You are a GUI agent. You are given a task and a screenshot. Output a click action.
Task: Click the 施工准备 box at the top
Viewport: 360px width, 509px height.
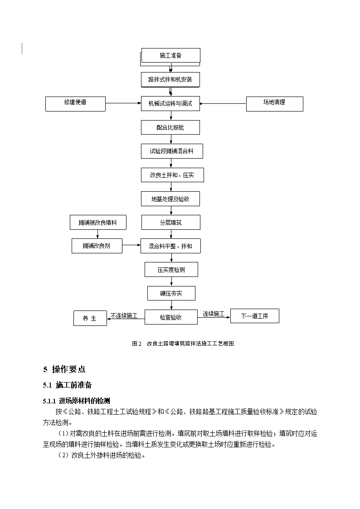pos(171,55)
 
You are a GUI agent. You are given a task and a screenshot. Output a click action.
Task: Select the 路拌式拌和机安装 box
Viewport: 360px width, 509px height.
pos(170,79)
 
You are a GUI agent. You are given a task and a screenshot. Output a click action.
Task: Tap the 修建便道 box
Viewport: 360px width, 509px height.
pos(75,104)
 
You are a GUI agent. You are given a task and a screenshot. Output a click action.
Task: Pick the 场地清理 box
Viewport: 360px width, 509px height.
pos(275,104)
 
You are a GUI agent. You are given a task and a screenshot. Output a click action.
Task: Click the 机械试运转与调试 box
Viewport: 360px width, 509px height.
pos(170,103)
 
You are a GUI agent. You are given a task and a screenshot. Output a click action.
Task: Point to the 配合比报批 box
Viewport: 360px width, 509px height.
pos(170,127)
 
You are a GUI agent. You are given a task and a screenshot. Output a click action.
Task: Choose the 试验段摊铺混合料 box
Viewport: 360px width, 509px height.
pos(172,151)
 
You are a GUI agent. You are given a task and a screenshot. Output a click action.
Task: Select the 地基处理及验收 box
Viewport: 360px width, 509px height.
pos(170,199)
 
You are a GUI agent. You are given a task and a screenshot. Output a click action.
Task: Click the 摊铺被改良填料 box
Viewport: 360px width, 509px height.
pos(98,223)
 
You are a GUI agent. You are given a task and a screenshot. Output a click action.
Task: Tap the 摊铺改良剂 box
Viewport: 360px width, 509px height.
pos(97,246)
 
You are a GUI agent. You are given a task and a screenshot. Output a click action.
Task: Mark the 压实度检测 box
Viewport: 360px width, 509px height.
pos(171,269)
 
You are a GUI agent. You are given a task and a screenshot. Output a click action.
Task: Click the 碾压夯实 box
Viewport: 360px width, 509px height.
pos(171,293)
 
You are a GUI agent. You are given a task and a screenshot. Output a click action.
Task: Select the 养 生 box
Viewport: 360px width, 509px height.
pos(90,318)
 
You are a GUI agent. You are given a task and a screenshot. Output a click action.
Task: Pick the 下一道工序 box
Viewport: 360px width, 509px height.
pos(255,316)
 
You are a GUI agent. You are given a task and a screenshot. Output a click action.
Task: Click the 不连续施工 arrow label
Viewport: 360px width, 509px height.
pos(124,315)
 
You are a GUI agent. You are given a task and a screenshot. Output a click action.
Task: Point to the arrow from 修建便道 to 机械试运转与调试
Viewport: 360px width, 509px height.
pos(123,103)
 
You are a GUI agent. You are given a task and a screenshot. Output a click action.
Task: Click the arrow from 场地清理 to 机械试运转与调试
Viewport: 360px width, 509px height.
pos(223,103)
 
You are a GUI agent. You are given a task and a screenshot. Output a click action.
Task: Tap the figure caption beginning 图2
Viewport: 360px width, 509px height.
pos(183,344)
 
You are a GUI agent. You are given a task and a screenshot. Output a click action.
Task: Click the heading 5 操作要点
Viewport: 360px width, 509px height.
pos(64,369)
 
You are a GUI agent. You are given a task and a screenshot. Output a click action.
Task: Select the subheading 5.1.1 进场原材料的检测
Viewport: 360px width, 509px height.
pos(76,401)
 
